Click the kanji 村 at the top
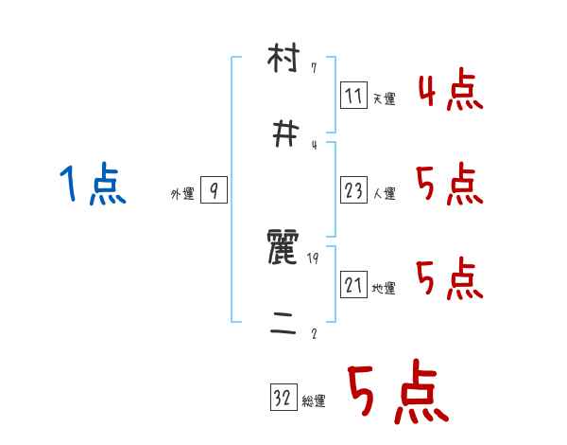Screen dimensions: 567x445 [x=283, y=62]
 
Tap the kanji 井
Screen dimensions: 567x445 [x=283, y=135]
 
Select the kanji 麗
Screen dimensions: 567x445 [x=283, y=251]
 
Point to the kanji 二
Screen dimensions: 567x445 [x=283, y=325]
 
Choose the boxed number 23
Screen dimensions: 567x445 [x=353, y=190]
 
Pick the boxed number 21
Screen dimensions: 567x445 [x=353, y=286]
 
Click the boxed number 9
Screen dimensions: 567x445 [x=214, y=191]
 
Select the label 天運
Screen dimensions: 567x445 [x=385, y=98]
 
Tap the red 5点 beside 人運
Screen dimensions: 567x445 [x=450, y=184]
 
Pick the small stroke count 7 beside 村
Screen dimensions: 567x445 [x=313, y=69]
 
